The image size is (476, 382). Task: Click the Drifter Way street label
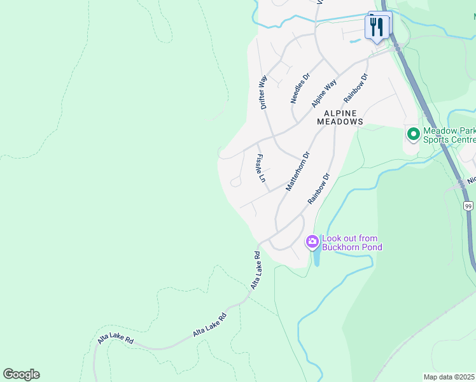pyautogui.click(x=263, y=92)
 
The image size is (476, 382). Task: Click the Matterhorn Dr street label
pyautogui.click(x=297, y=171)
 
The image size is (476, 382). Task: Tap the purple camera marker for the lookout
pyautogui.click(x=312, y=241)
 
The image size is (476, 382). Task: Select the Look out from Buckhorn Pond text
pyautogui.click(x=352, y=243)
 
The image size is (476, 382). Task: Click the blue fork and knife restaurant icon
pyautogui.click(x=377, y=26)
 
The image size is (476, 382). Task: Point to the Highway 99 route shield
pyautogui.click(x=468, y=206)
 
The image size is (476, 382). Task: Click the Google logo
pyautogui.click(x=21, y=374)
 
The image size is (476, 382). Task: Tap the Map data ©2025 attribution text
pyautogui.click(x=449, y=376)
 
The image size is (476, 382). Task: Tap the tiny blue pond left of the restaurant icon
pyautogui.click(x=353, y=41)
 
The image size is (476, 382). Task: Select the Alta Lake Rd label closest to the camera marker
pyautogui.click(x=256, y=270)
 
